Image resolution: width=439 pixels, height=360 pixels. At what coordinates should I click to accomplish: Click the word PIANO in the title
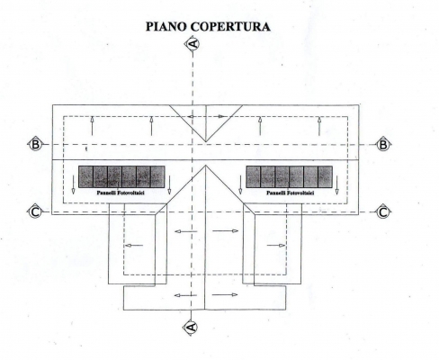[x=166, y=26]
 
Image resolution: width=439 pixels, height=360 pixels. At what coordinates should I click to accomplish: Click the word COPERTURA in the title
[x=230, y=26]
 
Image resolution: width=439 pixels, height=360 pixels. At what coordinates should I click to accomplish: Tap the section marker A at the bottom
[x=192, y=327]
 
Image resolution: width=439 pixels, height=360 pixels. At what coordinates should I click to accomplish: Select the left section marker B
[x=35, y=145]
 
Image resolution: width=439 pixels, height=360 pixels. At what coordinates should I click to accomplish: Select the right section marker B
[x=383, y=145]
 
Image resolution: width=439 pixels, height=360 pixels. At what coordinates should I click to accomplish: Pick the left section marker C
[x=35, y=212]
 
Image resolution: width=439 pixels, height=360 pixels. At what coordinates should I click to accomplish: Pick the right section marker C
[x=383, y=212]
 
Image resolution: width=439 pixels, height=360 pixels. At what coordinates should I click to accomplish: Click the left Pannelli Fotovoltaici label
[x=121, y=193]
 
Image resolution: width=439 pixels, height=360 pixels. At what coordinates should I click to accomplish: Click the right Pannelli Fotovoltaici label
[x=291, y=193]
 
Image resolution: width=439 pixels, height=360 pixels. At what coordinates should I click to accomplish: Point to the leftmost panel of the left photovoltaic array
[x=85, y=176]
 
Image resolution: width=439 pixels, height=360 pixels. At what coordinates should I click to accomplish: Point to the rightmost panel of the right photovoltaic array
[x=325, y=176]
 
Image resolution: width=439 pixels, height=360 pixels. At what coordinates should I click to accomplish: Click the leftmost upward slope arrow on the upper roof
[x=93, y=126]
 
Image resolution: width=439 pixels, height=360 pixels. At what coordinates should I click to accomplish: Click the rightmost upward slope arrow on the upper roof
[x=319, y=126]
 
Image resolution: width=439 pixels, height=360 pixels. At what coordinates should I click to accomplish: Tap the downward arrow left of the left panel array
[x=73, y=184]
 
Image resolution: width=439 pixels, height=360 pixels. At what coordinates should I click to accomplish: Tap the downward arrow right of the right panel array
[x=336, y=184]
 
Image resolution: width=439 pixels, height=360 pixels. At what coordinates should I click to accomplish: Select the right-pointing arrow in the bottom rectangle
[x=225, y=294]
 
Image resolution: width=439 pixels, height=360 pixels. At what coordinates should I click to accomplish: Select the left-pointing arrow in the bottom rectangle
[x=185, y=295]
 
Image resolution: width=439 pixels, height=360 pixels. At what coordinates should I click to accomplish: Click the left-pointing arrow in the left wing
[x=134, y=246]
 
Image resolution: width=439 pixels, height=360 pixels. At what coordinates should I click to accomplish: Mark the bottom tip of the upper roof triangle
[x=206, y=141]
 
